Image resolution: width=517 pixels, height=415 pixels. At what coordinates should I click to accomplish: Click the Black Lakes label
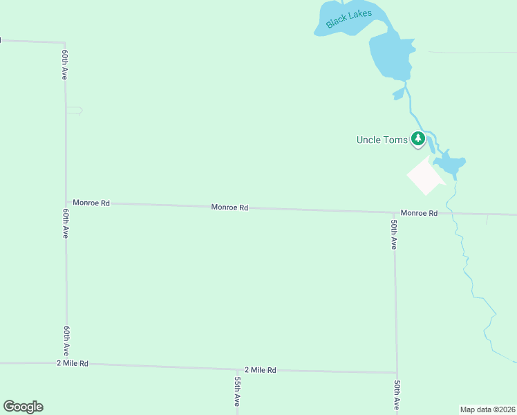coord(349,18)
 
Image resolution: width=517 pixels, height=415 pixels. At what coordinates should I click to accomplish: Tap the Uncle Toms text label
coord(382,140)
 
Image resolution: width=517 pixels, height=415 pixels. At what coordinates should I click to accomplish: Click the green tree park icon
coord(417,139)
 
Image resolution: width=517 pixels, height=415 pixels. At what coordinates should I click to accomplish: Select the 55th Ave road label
coord(237,391)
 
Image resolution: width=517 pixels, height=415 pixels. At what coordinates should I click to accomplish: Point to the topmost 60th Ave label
coord(64,64)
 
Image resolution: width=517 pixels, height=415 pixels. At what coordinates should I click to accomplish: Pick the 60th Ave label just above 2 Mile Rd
coord(66,340)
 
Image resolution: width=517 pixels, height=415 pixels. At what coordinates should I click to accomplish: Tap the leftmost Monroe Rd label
coord(91,203)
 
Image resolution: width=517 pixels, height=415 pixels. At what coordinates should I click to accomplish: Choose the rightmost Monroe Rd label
coord(419,213)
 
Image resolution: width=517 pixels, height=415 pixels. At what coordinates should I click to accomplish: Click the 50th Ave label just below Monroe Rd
coord(393,234)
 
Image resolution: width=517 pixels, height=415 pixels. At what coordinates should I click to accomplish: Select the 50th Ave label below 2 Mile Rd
coord(397,394)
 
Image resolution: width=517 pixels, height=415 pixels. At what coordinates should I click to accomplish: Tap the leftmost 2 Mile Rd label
coord(73,363)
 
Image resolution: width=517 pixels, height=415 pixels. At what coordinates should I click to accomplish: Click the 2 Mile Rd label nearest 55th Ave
coord(261,370)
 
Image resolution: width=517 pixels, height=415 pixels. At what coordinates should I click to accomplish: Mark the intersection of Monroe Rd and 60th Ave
coord(66,203)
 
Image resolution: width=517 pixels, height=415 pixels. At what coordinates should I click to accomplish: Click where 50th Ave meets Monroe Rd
coord(395,212)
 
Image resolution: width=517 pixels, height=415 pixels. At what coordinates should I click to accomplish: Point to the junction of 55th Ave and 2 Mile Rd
coord(237,369)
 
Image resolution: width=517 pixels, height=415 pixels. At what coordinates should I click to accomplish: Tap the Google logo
coord(23,407)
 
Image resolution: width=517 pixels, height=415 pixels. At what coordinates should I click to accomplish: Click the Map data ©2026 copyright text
coord(487,409)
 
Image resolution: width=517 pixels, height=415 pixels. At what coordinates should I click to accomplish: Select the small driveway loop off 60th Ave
coord(75,111)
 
